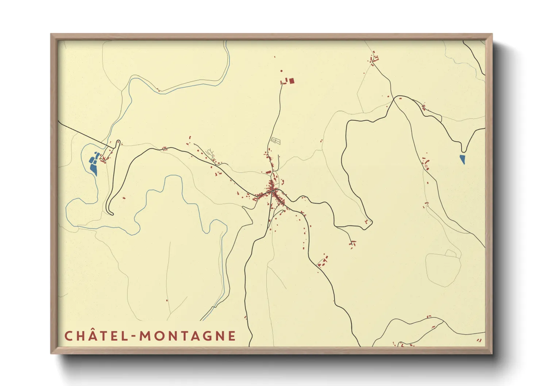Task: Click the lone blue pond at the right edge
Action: tap(463, 159)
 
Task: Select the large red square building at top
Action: tap(292, 81)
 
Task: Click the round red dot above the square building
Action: tap(281, 71)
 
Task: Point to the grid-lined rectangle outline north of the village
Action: tap(276, 140)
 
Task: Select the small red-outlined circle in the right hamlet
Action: tap(427, 166)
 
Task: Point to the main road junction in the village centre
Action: tap(273, 190)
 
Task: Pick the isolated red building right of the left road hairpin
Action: tap(124, 198)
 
